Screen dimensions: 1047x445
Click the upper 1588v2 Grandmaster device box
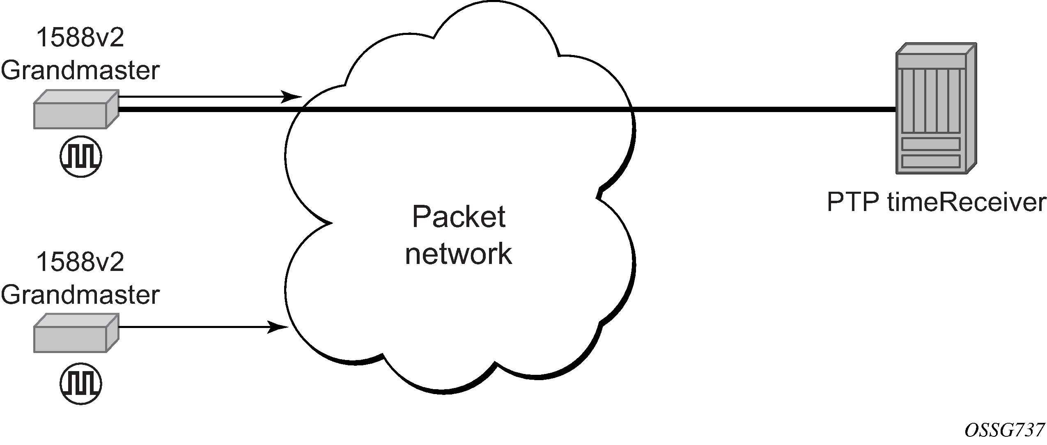click(x=76, y=109)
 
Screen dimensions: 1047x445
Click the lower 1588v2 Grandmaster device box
click(x=76, y=333)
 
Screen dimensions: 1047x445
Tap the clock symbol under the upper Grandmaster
click(x=81, y=156)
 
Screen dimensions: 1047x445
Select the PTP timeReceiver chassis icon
click(x=936, y=108)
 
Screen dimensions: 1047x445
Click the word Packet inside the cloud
click(x=459, y=217)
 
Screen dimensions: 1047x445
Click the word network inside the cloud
click(x=459, y=254)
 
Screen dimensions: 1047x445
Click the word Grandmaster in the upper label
click(x=80, y=70)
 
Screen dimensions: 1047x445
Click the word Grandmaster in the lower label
click(x=80, y=294)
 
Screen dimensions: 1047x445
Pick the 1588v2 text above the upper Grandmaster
click(x=80, y=38)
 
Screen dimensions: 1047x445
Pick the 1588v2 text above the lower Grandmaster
click(x=80, y=262)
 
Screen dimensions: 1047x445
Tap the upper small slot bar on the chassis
click(x=930, y=144)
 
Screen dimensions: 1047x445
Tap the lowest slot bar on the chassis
click(x=930, y=161)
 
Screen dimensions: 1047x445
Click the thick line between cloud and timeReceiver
click(x=764, y=109)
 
